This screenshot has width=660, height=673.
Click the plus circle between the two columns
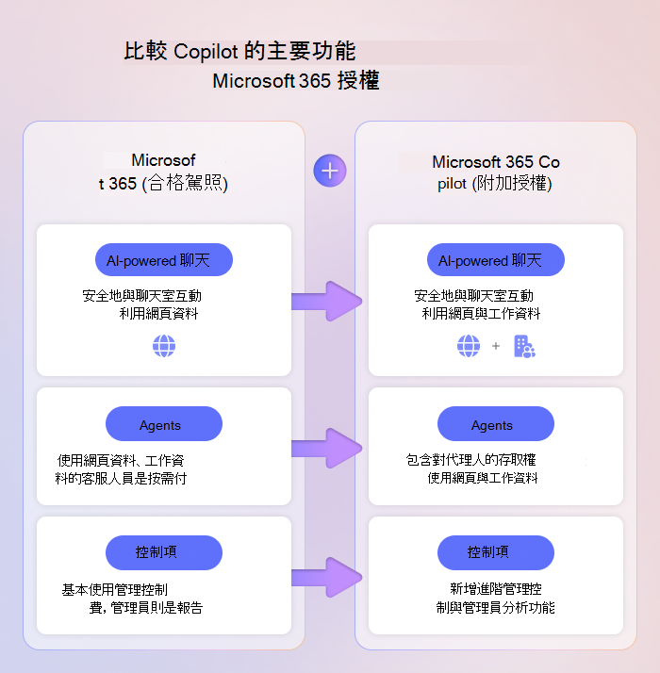(x=330, y=171)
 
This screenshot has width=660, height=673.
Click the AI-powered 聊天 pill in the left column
(x=164, y=260)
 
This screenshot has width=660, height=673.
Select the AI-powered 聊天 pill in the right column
(x=496, y=260)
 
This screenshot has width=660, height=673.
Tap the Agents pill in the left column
(x=164, y=424)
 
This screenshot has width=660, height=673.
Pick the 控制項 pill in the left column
(x=164, y=552)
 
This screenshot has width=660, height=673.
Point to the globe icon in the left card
(x=164, y=347)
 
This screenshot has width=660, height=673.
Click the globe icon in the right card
(x=469, y=347)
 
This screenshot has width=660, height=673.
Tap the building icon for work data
(x=523, y=347)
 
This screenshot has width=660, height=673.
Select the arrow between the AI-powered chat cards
(x=327, y=301)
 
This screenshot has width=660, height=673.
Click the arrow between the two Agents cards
(x=327, y=448)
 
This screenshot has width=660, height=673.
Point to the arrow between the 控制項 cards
(x=327, y=577)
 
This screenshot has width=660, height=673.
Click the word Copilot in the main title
(x=208, y=51)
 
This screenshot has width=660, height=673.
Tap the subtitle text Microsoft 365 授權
(x=295, y=81)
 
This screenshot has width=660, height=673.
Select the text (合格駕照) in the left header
(x=185, y=183)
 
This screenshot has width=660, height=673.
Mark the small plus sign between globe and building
(x=496, y=347)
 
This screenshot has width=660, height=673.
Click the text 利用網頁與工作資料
(x=481, y=314)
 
